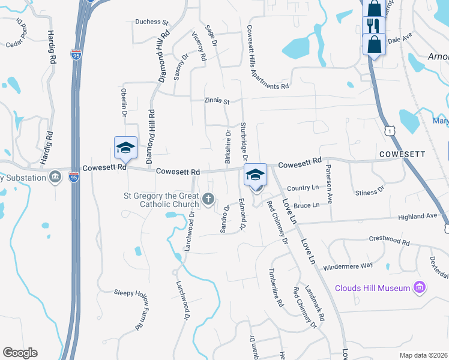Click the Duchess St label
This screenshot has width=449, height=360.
coord(152,22)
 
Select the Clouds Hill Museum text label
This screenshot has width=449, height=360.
coord(372,288)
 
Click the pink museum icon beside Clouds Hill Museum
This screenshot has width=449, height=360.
coord(420,288)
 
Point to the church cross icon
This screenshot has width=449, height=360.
coord(208,199)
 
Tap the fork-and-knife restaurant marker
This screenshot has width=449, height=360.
coord(373,26)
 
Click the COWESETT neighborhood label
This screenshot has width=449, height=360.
coord(402,154)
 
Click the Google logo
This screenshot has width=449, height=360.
coord(20,353)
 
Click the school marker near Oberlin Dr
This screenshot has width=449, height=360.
coord(126,148)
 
